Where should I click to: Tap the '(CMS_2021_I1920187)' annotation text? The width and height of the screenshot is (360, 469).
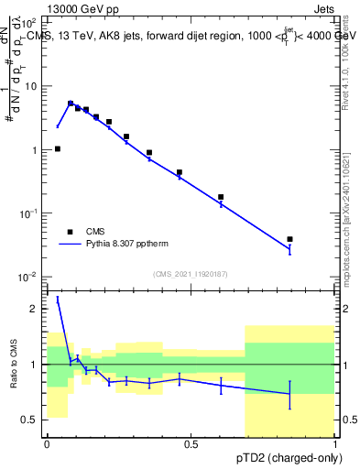pos(191,274)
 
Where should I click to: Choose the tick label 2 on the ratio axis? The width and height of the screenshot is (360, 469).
pos(35,309)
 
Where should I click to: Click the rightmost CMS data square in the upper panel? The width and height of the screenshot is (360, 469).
pos(289,239)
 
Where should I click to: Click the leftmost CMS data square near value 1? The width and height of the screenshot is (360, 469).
pos(57,148)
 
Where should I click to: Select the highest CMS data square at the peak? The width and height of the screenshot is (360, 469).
pos(71,104)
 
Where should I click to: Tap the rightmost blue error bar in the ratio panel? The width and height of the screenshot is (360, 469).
pos(289,395)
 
